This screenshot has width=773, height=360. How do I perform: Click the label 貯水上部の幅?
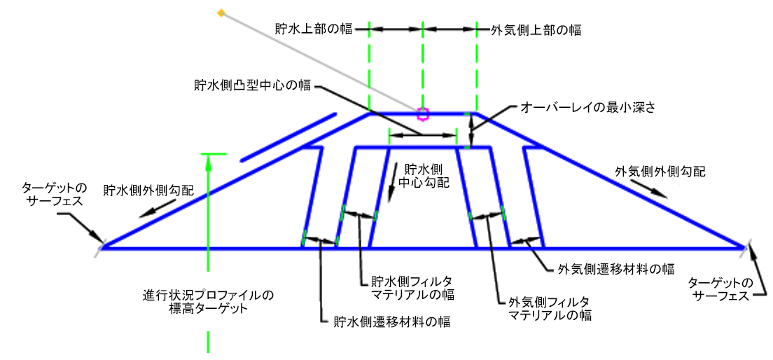(x=312, y=29)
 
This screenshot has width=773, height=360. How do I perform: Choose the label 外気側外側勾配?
(x=660, y=171)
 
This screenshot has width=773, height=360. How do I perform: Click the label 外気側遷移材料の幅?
(x=616, y=268)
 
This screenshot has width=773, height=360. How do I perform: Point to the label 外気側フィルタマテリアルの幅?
(x=550, y=310)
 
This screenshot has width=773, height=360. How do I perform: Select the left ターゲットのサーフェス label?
(x=54, y=193)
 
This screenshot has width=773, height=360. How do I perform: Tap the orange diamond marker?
(x=221, y=13)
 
